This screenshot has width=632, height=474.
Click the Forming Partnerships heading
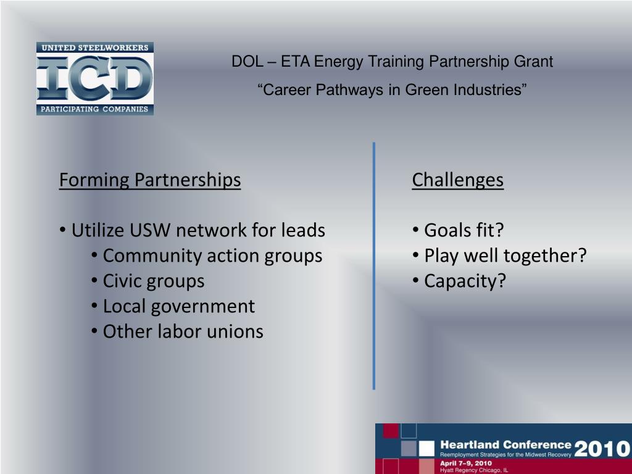pyautogui.click(x=150, y=180)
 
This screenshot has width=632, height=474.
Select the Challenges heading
pyautogui.click(x=457, y=180)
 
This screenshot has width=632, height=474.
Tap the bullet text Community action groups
pyautogui.click(x=212, y=256)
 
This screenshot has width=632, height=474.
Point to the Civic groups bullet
pyautogui.click(x=153, y=281)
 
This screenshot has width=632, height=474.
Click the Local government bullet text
pyautogui.click(x=178, y=306)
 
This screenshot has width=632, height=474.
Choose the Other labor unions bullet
pyautogui.click(x=183, y=331)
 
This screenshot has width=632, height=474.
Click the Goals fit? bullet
pyautogui.click(x=464, y=230)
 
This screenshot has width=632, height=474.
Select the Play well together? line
pyautogui.click(x=505, y=256)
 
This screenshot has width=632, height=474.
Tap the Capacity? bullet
pyautogui.click(x=465, y=281)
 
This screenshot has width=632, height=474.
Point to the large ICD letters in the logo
pyautogui.click(x=94, y=78)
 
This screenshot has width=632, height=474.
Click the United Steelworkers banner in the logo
pyautogui.click(x=94, y=48)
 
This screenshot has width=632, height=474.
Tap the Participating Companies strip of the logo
pyautogui.click(x=94, y=109)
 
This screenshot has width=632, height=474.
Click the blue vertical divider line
pyautogui.click(x=374, y=265)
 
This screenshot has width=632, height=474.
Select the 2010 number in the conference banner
pyautogui.click(x=602, y=448)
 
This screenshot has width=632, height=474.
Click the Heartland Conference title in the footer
pyautogui.click(x=505, y=444)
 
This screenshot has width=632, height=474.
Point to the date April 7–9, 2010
pyautogui.click(x=466, y=463)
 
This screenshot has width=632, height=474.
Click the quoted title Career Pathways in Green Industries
pyautogui.click(x=392, y=90)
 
